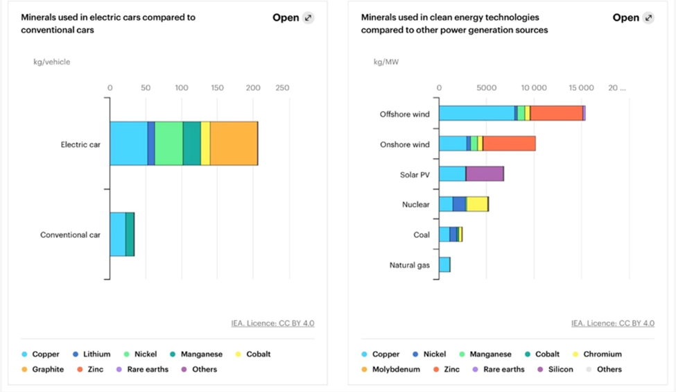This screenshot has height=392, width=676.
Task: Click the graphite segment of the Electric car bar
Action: pos(234,144)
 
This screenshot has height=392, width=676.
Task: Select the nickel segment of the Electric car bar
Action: pos(168,144)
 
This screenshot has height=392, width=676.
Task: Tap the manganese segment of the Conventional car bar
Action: pos(130,235)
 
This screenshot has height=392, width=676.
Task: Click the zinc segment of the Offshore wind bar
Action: pos(556,113)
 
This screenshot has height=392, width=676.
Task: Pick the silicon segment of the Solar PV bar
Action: pos(485,174)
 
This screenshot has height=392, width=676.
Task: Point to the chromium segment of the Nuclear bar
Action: pos(477,204)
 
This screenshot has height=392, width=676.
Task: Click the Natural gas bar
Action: pos(444,264)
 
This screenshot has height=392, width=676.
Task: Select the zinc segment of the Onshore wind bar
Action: pos(509,144)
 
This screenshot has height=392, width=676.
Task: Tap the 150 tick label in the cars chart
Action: pos(217,88)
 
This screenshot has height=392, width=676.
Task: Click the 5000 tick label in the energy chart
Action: pos(487,88)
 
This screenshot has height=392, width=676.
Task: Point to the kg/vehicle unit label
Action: pos(52,62)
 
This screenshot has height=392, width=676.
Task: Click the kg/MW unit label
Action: pos(386,62)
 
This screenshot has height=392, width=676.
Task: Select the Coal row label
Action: pos(422,235)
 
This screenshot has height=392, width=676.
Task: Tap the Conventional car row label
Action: pos(70,235)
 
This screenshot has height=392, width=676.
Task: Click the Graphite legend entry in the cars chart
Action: pos(43,369)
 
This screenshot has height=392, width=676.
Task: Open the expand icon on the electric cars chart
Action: pos(308,18)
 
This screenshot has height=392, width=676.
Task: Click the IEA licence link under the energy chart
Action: pos(613,323)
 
